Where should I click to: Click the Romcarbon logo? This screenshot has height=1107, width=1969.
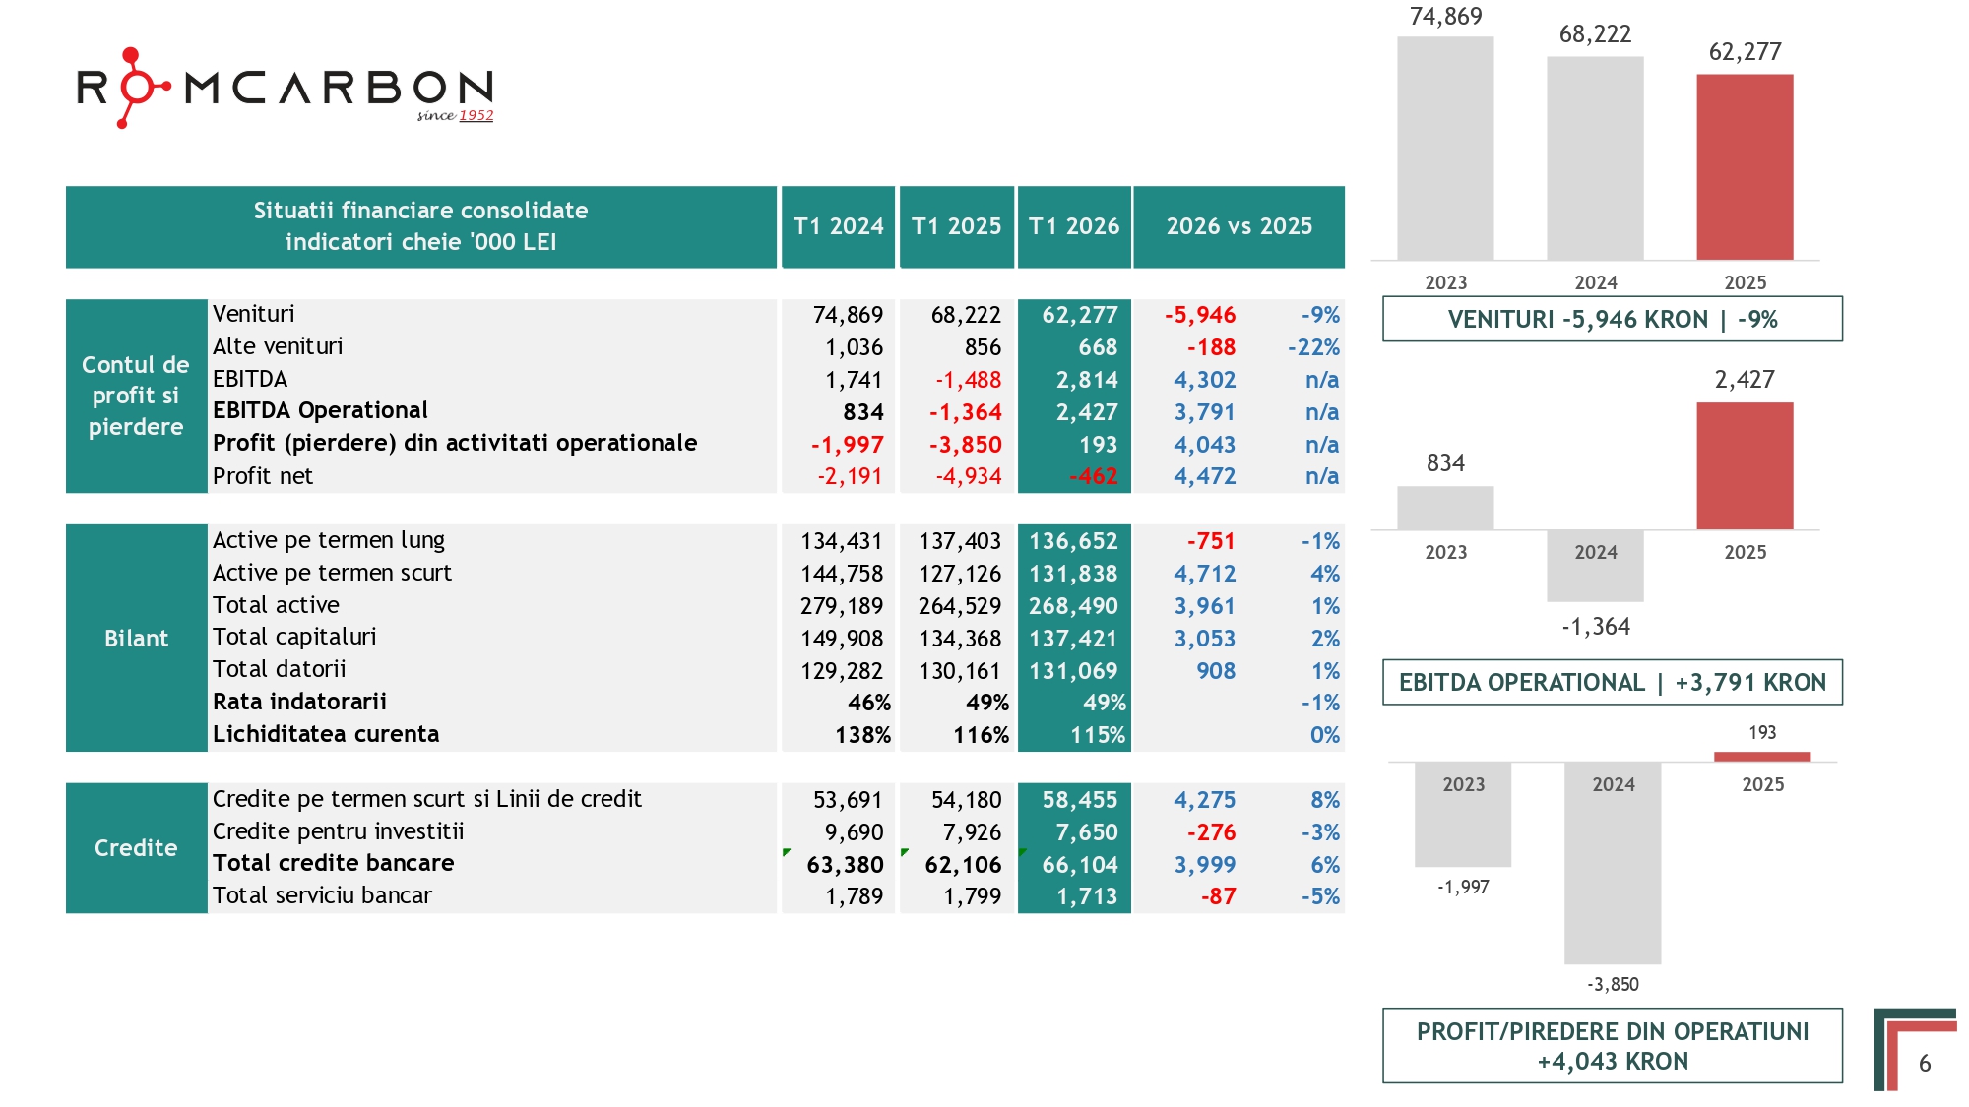[x=286, y=88]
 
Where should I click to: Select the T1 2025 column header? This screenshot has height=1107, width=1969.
[x=956, y=226]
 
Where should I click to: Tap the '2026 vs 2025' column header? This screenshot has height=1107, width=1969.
[x=1239, y=226]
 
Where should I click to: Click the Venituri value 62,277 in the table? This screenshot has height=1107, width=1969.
[x=1080, y=315]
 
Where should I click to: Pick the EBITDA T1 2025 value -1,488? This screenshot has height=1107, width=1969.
[x=968, y=380]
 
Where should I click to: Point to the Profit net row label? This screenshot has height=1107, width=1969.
[x=263, y=476]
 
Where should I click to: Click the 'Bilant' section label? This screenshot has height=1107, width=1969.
[x=137, y=639]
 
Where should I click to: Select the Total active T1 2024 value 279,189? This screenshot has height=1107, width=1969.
[x=842, y=606]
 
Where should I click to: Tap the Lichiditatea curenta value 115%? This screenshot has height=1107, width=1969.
[x=1098, y=735]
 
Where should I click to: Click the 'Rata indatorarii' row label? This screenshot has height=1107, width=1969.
[x=300, y=702]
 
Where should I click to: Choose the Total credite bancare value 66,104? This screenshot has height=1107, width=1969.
[x=1080, y=865]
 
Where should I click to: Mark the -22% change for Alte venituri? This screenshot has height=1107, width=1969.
[x=1313, y=347]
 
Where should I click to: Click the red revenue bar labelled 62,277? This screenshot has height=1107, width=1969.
[x=1745, y=167]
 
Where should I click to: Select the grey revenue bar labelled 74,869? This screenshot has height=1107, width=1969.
[x=1445, y=149]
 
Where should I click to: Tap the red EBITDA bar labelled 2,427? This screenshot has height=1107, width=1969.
[x=1745, y=466]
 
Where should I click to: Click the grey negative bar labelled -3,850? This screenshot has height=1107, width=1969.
[x=1613, y=863]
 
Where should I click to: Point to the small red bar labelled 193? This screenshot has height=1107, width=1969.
[x=1762, y=757]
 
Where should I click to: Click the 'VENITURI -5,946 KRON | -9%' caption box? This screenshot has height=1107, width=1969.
[x=1613, y=319]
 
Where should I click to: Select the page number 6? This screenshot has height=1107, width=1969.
[x=1925, y=1064]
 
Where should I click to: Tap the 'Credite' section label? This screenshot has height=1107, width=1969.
[x=136, y=848]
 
